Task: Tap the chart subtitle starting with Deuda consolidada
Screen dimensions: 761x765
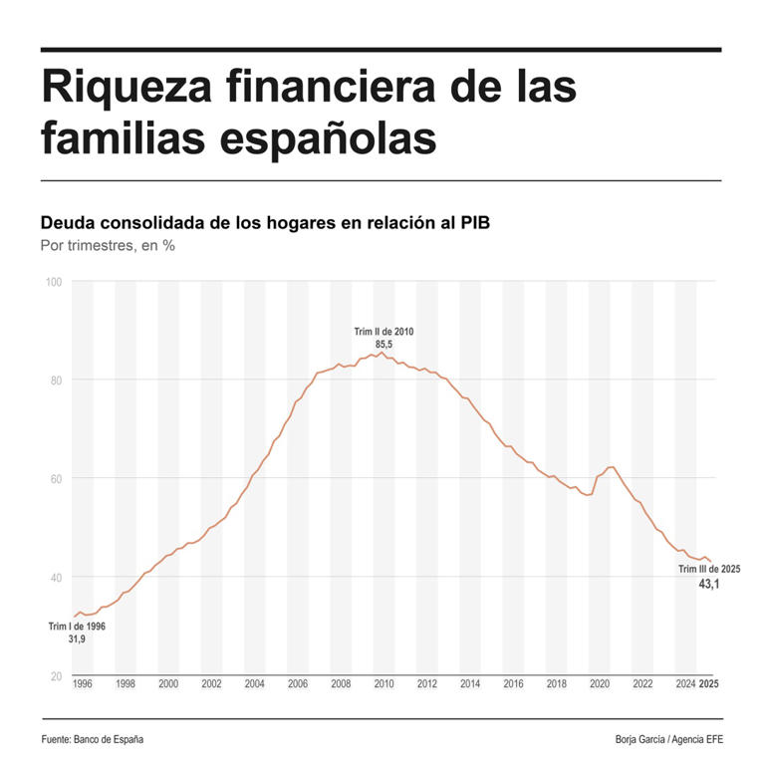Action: coord(265,222)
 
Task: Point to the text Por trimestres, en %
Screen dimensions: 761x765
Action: coord(108,246)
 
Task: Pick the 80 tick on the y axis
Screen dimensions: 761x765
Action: coord(56,380)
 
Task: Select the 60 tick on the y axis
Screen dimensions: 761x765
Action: coord(56,479)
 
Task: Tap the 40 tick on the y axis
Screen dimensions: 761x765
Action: coord(56,578)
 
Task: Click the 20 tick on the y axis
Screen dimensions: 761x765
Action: coord(56,676)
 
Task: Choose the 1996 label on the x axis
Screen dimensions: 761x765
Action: coord(83,684)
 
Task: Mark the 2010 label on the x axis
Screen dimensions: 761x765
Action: coord(383,684)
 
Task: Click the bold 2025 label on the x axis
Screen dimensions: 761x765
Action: coord(708,684)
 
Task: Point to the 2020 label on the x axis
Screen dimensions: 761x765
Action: coord(600,684)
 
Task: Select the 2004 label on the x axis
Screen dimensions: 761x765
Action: coord(254,684)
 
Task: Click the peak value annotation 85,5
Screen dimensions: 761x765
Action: coord(383,345)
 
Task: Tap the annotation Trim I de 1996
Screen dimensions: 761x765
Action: coord(77,627)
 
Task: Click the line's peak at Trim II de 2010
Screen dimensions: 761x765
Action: coord(382,353)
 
